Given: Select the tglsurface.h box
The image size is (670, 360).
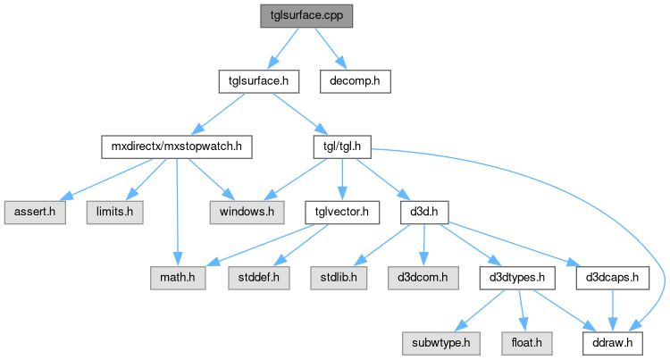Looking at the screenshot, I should tap(258, 80).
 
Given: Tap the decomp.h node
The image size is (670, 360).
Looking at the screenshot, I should tap(355, 80).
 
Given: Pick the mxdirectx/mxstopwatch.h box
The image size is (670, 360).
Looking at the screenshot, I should tap(177, 146).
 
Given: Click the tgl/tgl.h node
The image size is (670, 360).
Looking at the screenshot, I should tap(341, 146).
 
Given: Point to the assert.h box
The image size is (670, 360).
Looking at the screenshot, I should tap(34, 212).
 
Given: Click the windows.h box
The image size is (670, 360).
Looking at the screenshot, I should tap(247, 212).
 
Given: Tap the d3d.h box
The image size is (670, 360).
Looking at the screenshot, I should tap(423, 212).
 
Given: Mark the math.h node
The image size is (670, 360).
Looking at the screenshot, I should tap(179, 277).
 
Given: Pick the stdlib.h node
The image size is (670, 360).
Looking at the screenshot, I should tap(339, 277).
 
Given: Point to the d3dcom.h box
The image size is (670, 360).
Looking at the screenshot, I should tap(421, 277).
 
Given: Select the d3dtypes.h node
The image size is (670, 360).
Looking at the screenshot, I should tap(518, 277).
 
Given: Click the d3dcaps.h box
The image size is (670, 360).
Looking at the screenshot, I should tap(611, 277).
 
